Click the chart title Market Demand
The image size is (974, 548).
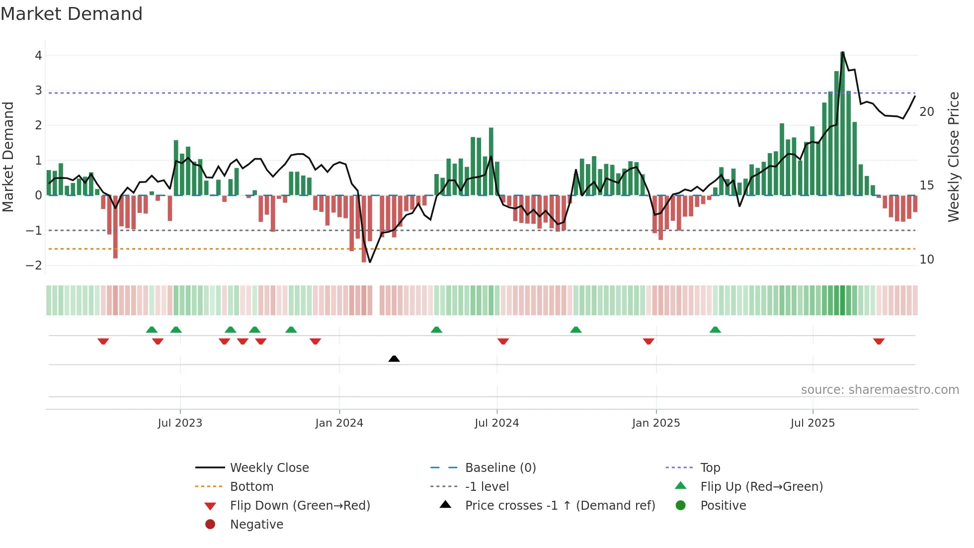pos(72,14)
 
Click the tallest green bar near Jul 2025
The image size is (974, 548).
pos(842,124)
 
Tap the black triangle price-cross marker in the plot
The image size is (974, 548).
pos(394,359)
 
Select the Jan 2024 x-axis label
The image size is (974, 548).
pos(339,423)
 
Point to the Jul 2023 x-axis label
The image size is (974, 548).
pos(180,423)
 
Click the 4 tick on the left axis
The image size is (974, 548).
pos(38,56)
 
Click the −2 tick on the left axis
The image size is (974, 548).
pos(34,266)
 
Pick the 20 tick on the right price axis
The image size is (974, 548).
pos(927,112)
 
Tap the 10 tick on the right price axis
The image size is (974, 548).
pos(927,260)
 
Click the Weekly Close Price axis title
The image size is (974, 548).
pos(953,157)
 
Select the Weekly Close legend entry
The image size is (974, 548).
pos(269,468)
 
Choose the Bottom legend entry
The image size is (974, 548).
pos(251,487)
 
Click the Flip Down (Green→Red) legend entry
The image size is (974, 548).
pos(300,506)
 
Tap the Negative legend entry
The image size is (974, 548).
pos(256,525)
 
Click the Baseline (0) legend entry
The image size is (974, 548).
pos(500,468)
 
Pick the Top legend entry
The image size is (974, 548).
pos(710,468)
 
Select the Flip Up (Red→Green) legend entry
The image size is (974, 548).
pos(761,487)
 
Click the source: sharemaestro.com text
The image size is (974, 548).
pos(880,390)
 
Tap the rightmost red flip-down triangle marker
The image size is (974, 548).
pos(879,341)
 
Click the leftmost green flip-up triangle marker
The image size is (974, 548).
pos(152,330)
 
